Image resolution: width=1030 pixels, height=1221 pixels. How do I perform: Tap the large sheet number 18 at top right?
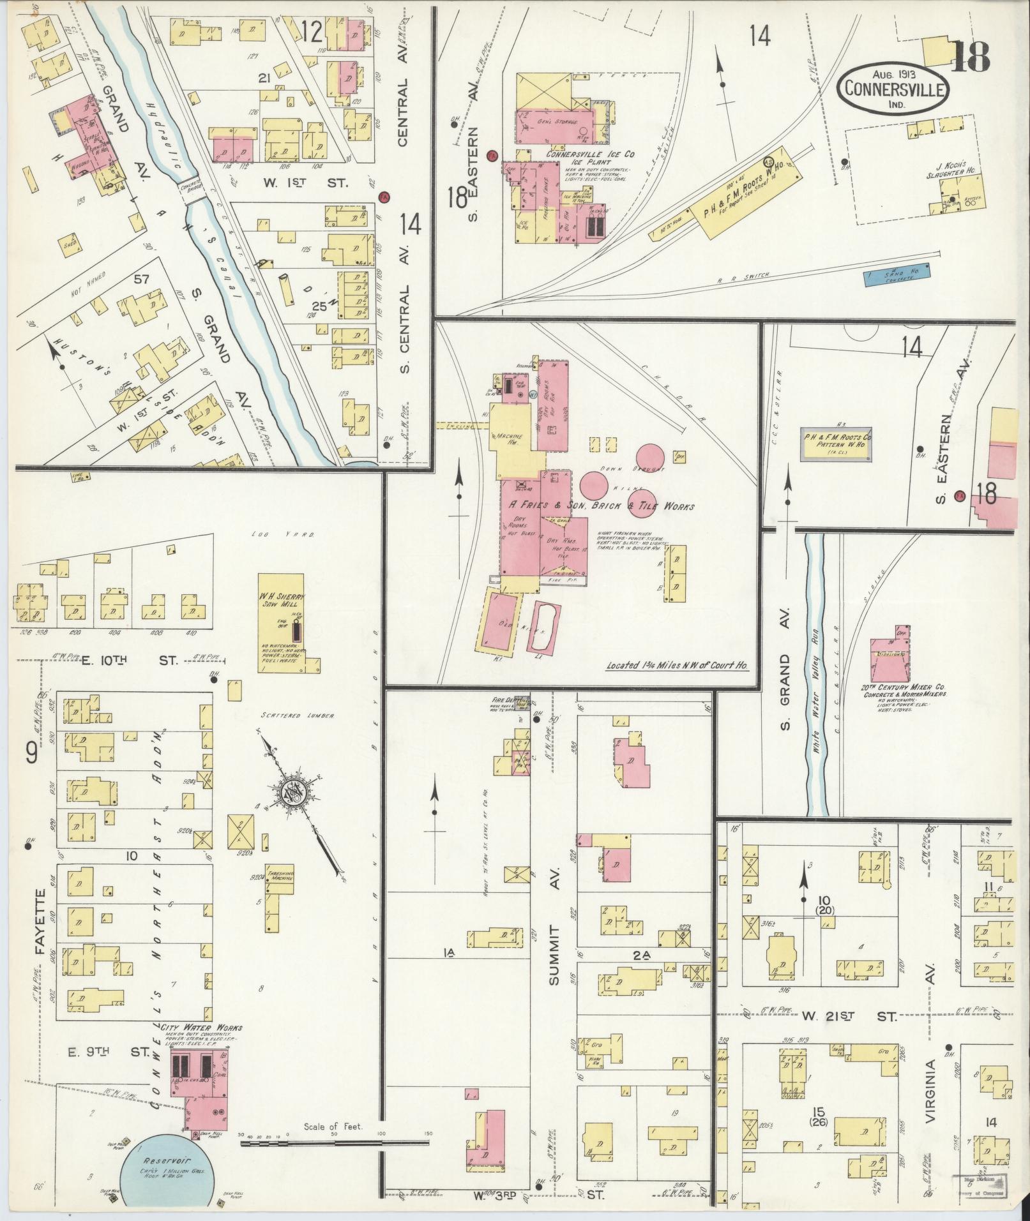970,56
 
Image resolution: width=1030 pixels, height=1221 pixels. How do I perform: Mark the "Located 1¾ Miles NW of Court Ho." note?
677,666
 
